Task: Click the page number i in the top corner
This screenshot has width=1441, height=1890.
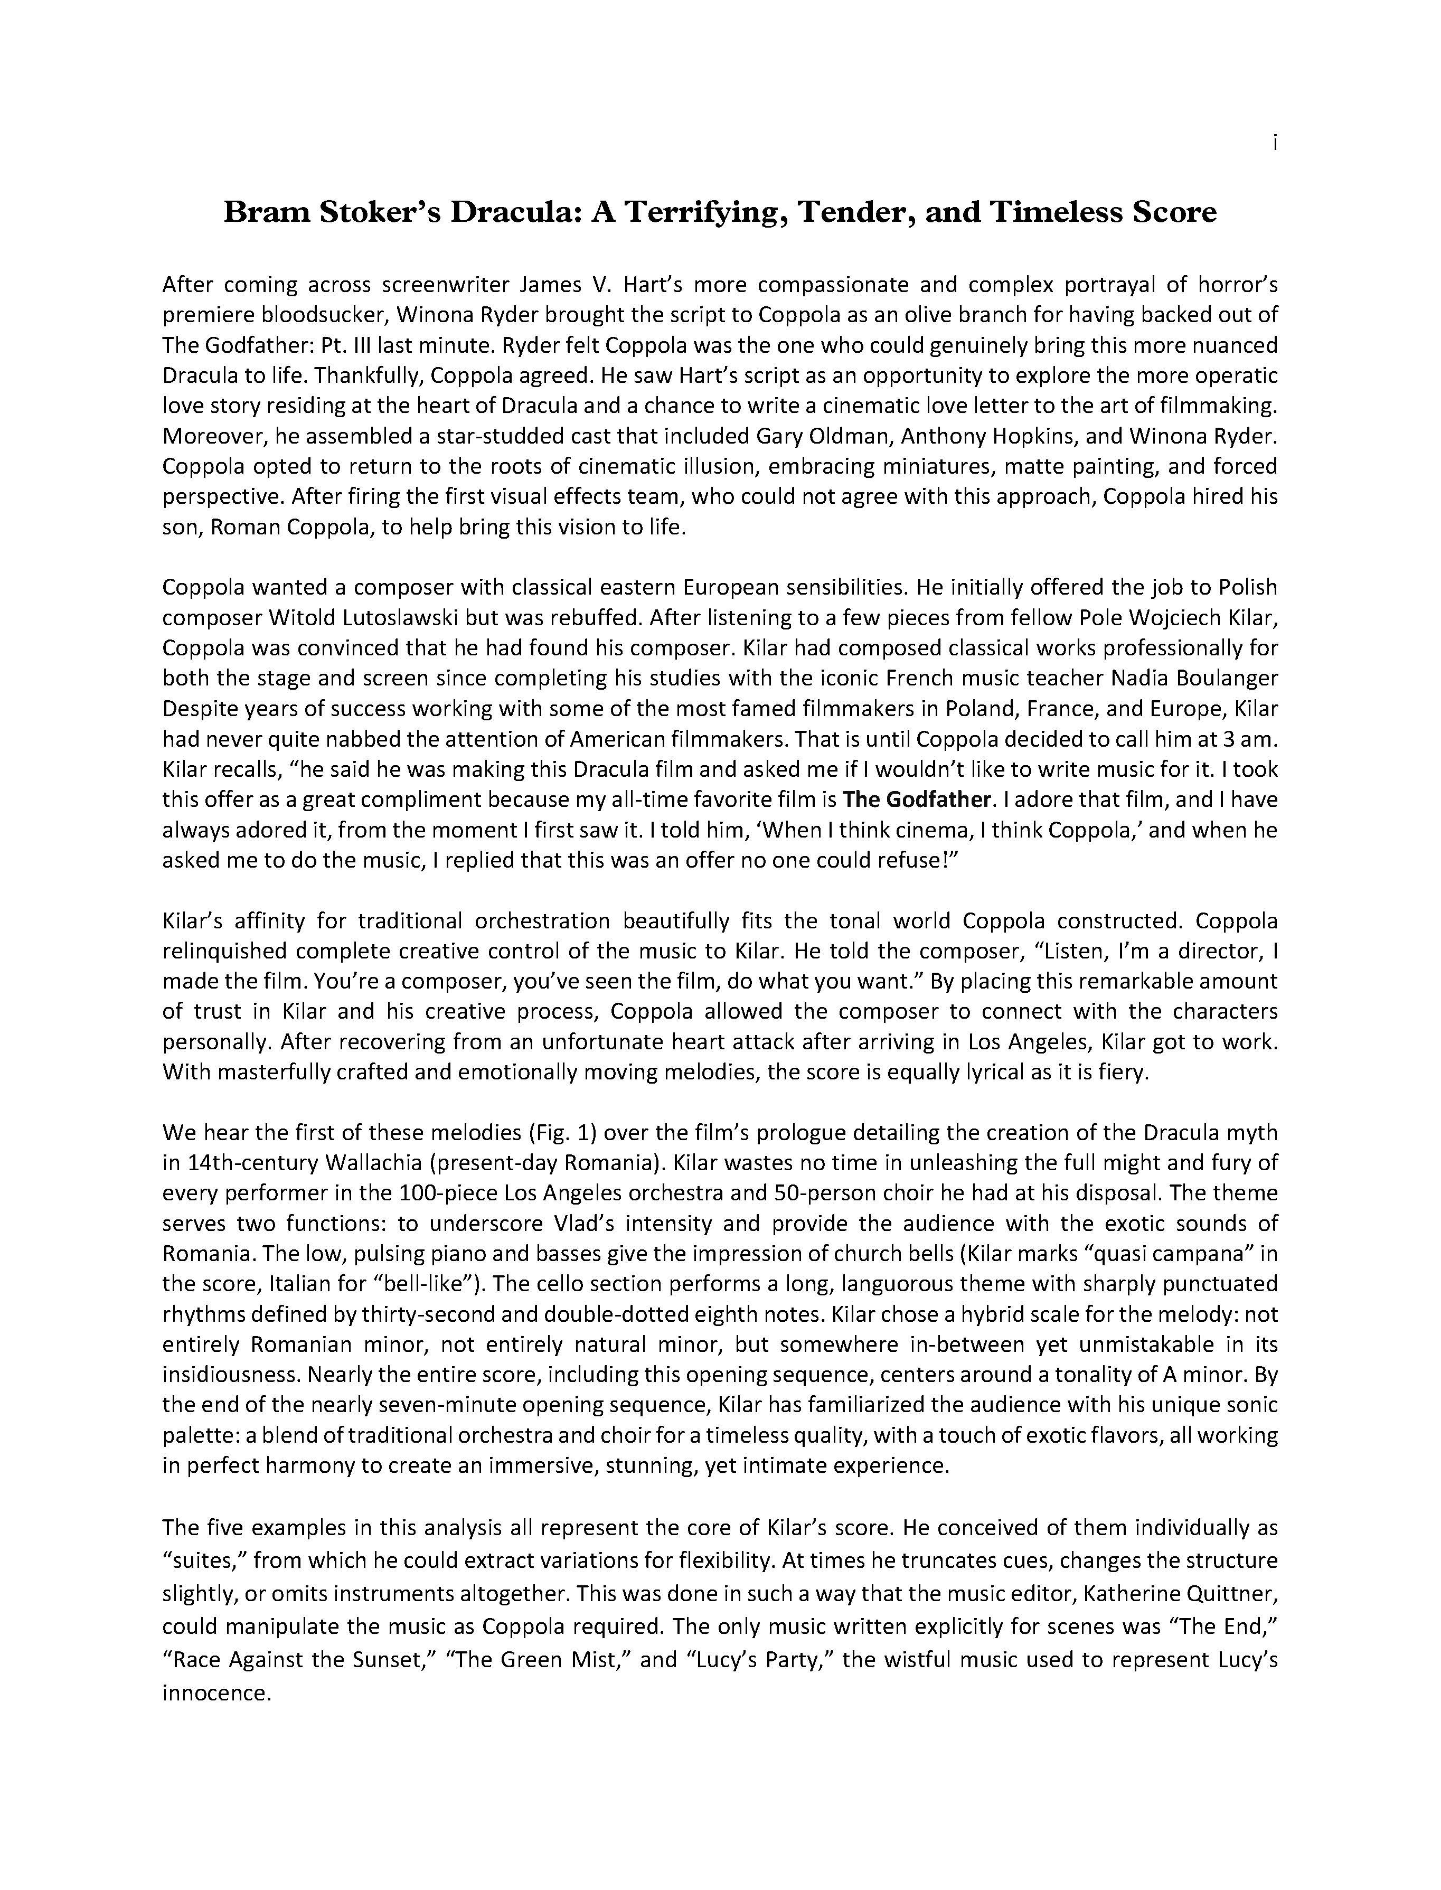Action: click(1275, 144)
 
